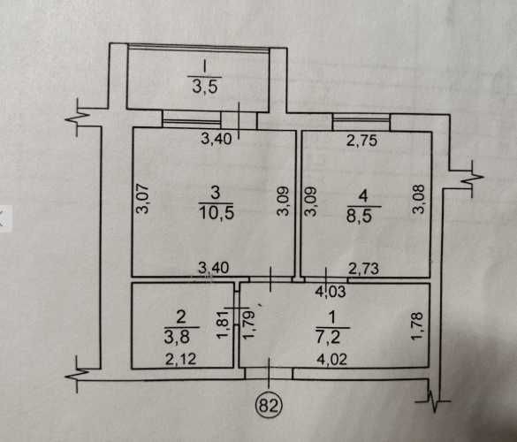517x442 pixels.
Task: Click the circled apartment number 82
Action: coord(270,405)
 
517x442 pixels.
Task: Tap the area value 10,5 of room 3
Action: coord(217,213)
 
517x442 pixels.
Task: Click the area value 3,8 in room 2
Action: coord(177,337)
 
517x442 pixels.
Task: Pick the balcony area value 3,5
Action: coord(205,88)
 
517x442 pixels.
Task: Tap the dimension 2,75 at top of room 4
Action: coord(361,141)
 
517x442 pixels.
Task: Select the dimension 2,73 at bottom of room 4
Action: coord(364,269)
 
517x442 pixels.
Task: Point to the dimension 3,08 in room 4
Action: coord(420,199)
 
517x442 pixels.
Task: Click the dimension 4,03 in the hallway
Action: coord(331,292)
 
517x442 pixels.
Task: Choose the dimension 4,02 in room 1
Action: coord(331,359)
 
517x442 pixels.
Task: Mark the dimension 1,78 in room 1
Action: coord(417,326)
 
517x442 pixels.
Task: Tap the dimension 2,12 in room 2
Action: coord(180,359)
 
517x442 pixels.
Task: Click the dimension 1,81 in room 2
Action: coord(223,325)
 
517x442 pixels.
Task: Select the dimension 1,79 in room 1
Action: coord(248,325)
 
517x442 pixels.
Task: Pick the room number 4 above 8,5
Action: coord(363,196)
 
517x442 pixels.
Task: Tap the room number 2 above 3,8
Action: coord(181,317)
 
